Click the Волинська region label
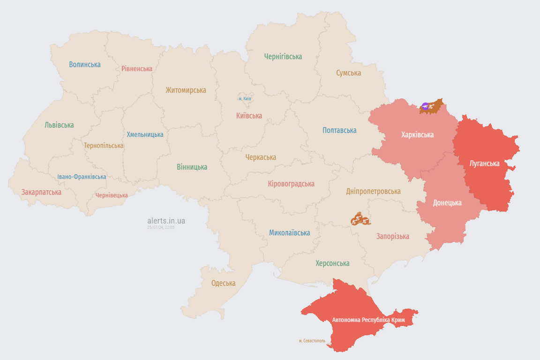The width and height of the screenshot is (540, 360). [x=85, y=65]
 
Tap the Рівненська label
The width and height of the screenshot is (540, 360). [x=137, y=68]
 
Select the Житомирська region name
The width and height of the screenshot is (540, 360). [x=186, y=90]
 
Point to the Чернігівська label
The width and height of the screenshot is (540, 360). [x=283, y=57]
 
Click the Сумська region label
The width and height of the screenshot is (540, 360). [x=348, y=73]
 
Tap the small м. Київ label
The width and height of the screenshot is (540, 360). [x=245, y=99]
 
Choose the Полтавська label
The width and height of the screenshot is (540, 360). [x=339, y=130]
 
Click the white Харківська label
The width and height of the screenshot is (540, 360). [x=417, y=135]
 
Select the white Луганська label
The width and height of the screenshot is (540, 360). [x=485, y=164]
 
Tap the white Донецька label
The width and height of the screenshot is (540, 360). [x=447, y=203]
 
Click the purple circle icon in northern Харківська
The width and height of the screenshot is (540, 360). [x=425, y=107]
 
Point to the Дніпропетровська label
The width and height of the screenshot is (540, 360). [x=373, y=191]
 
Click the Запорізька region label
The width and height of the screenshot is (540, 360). [x=392, y=237]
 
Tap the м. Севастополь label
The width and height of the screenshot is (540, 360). [x=312, y=341]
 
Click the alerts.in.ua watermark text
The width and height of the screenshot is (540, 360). [x=166, y=221]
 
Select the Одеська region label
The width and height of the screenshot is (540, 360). [x=223, y=283]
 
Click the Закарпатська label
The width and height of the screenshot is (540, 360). [x=41, y=192]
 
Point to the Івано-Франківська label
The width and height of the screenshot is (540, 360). [x=82, y=177]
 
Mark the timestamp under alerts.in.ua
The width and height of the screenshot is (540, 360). [x=161, y=227]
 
